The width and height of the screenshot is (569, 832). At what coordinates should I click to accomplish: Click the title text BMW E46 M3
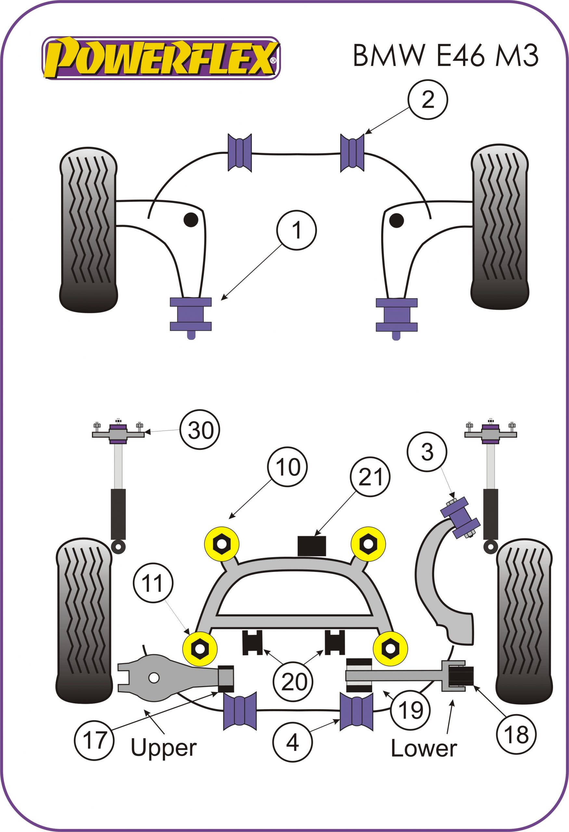(446, 56)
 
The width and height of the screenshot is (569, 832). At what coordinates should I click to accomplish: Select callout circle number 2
(428, 99)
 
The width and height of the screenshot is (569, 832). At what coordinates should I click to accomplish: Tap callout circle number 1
(297, 230)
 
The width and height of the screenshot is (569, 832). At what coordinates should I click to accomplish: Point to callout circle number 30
(200, 430)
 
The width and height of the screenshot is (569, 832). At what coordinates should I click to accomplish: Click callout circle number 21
(371, 477)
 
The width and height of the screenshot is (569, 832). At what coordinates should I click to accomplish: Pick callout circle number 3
(428, 452)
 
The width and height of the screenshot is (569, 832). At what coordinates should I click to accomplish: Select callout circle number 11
(153, 583)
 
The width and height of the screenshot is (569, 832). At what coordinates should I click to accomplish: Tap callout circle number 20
(294, 682)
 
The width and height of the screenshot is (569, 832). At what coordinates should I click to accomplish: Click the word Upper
(163, 747)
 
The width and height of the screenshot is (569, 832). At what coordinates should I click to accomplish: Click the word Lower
(424, 748)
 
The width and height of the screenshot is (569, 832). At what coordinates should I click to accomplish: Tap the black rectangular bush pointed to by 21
(312, 546)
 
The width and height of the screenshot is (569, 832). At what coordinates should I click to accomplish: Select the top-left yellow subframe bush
(222, 544)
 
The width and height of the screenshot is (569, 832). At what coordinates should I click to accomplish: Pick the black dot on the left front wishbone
(191, 219)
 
